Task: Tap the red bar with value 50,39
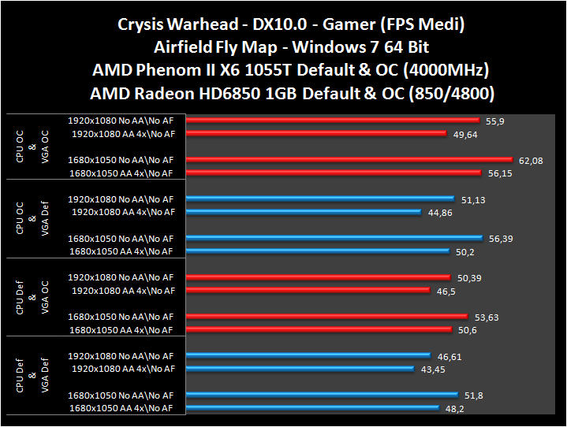click(319, 278)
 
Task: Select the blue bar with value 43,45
click(300, 369)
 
